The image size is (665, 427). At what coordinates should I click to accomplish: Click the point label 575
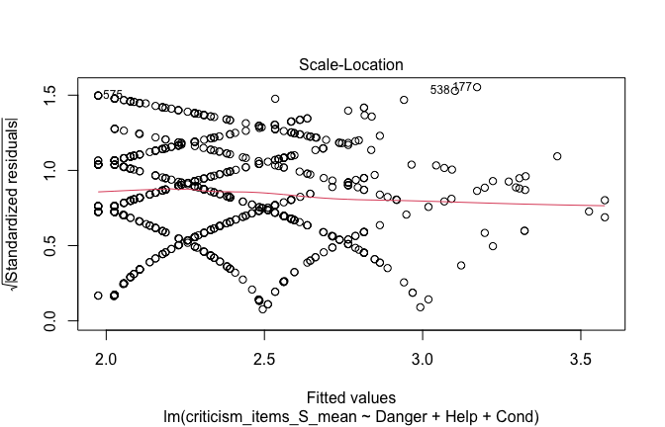point(113,95)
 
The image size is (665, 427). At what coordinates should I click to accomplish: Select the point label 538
point(440,90)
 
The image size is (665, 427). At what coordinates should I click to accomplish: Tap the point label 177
point(462,88)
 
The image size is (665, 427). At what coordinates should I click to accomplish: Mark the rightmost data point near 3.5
point(605,200)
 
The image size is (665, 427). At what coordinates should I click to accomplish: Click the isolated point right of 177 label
point(477,87)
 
